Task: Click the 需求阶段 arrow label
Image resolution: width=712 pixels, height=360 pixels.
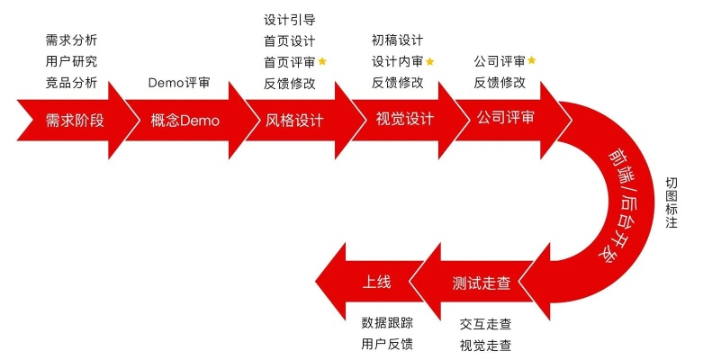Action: pos(75,121)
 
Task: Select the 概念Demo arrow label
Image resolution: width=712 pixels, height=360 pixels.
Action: pos(186,121)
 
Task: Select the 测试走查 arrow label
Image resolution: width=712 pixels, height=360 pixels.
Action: pos(481,283)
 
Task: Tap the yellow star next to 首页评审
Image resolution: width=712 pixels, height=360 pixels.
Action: pos(322,61)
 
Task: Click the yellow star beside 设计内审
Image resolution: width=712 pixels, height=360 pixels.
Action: pos(429,61)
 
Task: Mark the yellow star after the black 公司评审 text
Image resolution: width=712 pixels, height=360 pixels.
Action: pos(531,60)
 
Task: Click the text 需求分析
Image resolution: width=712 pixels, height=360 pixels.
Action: pos(71,40)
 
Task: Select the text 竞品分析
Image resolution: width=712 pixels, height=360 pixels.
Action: pos(71,84)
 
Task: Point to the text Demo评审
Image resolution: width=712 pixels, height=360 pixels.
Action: pos(178,84)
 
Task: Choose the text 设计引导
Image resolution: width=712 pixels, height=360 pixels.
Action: pos(290,19)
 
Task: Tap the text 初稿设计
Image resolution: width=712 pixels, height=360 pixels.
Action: pos(397,40)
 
